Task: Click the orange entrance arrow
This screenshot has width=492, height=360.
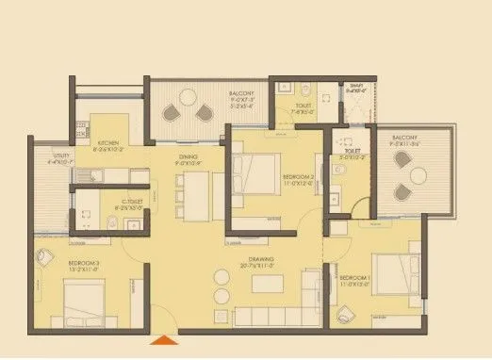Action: (x=166, y=341)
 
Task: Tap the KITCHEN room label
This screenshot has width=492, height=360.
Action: (x=108, y=144)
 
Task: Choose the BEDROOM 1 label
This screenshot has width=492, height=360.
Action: (x=354, y=277)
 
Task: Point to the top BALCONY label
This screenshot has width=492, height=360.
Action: (x=240, y=94)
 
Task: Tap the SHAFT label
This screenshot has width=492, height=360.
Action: (x=354, y=87)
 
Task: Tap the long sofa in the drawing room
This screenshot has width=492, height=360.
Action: (x=264, y=315)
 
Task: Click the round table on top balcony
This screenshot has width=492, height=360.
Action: (x=189, y=99)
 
